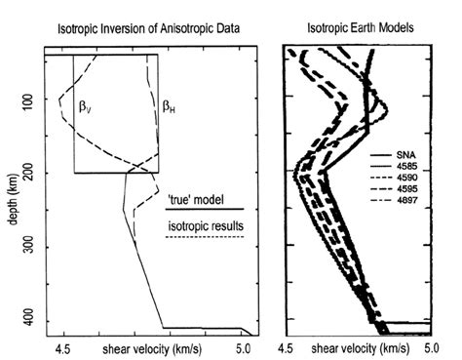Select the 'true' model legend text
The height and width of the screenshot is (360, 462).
pos(199,199)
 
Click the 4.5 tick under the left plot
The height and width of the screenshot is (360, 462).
pos(66,347)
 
